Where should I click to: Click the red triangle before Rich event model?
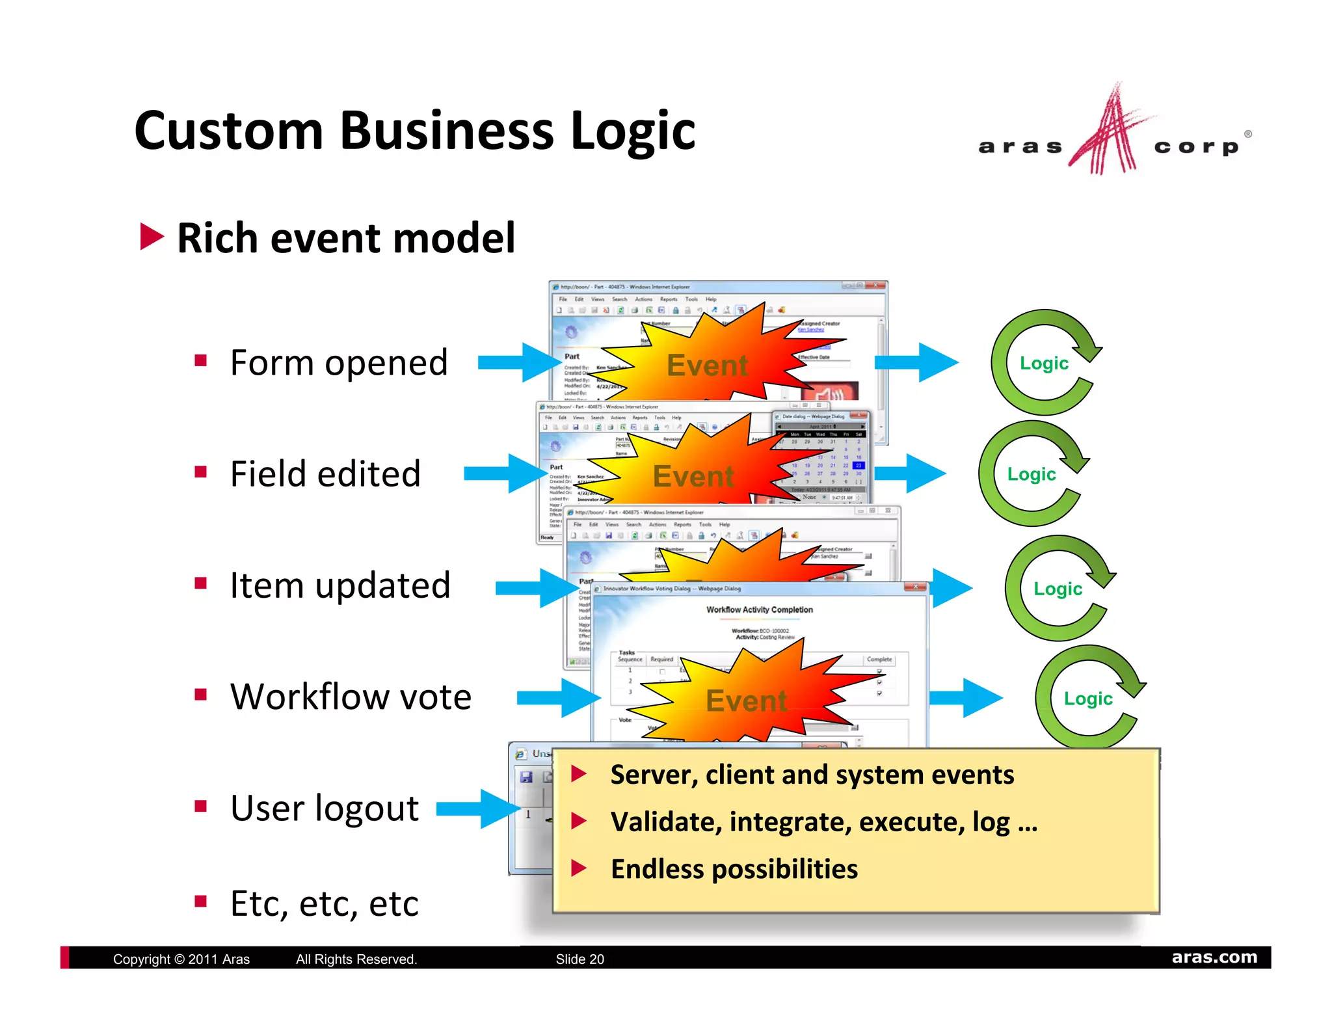(152, 237)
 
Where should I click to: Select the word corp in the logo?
(1196, 147)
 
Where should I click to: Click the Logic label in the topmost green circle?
(1044, 363)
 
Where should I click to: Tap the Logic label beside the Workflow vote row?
(1088, 699)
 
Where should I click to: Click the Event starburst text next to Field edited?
(693, 476)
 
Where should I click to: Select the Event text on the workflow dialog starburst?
(746, 701)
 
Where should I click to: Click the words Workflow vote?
(351, 697)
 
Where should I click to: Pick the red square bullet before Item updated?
(200, 583)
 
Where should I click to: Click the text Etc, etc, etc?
(324, 903)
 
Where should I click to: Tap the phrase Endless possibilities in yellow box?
(734, 869)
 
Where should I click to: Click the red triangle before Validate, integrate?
(579, 821)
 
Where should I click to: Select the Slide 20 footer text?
(579, 959)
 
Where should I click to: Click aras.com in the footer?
(1214, 957)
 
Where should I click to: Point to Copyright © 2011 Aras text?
(181, 959)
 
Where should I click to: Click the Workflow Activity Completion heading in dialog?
(759, 609)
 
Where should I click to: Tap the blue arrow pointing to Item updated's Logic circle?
(951, 588)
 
